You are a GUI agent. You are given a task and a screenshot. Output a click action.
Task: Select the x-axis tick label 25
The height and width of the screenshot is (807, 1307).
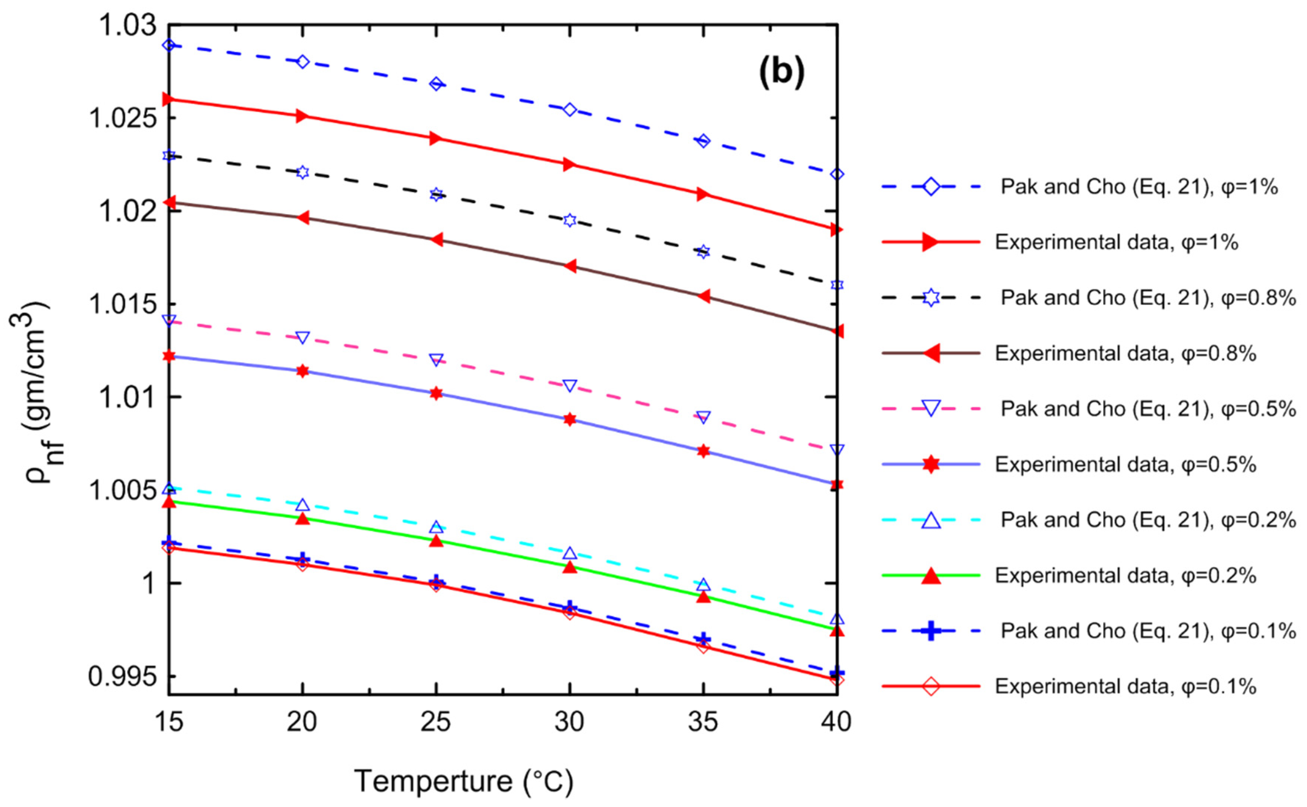point(436,722)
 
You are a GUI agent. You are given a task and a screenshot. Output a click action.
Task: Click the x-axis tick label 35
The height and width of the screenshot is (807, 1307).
point(703,722)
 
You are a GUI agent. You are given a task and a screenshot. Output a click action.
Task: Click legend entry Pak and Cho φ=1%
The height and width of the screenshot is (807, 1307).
point(1139,187)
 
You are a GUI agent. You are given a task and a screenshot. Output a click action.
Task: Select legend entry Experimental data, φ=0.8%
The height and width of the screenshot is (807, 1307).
point(1125,353)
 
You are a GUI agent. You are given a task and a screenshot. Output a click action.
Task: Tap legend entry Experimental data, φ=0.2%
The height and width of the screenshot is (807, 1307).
point(1125,575)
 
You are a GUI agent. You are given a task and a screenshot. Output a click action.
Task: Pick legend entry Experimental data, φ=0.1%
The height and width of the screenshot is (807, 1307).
point(1125,686)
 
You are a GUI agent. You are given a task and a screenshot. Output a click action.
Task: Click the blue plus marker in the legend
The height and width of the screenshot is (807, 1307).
point(931,631)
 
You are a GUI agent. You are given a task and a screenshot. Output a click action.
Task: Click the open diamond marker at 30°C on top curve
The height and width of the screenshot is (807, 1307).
point(569,110)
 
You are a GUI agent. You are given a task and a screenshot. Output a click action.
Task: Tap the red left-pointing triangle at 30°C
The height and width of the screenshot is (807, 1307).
point(569,266)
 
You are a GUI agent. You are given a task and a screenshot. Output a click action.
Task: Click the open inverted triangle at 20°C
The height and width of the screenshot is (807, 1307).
point(302,337)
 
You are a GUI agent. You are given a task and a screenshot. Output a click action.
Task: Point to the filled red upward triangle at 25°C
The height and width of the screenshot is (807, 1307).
point(436,541)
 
